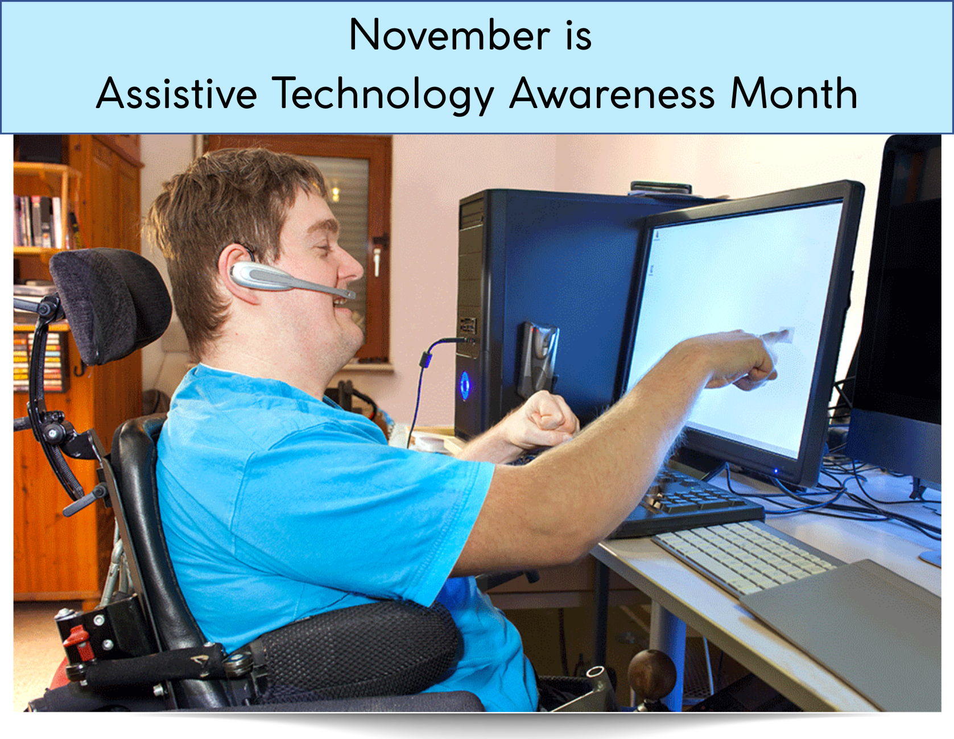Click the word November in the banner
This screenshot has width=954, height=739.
coord(449,35)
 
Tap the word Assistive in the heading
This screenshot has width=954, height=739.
coord(176,93)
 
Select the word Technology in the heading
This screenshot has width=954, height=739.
coord(383,93)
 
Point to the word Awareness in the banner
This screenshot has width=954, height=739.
coord(612,93)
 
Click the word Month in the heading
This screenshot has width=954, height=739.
coord(794,93)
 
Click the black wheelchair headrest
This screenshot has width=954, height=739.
coord(111,302)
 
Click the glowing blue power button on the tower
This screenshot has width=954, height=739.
coord(465,385)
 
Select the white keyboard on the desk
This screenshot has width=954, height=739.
coord(745,555)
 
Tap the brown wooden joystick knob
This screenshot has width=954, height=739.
coord(652,672)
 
